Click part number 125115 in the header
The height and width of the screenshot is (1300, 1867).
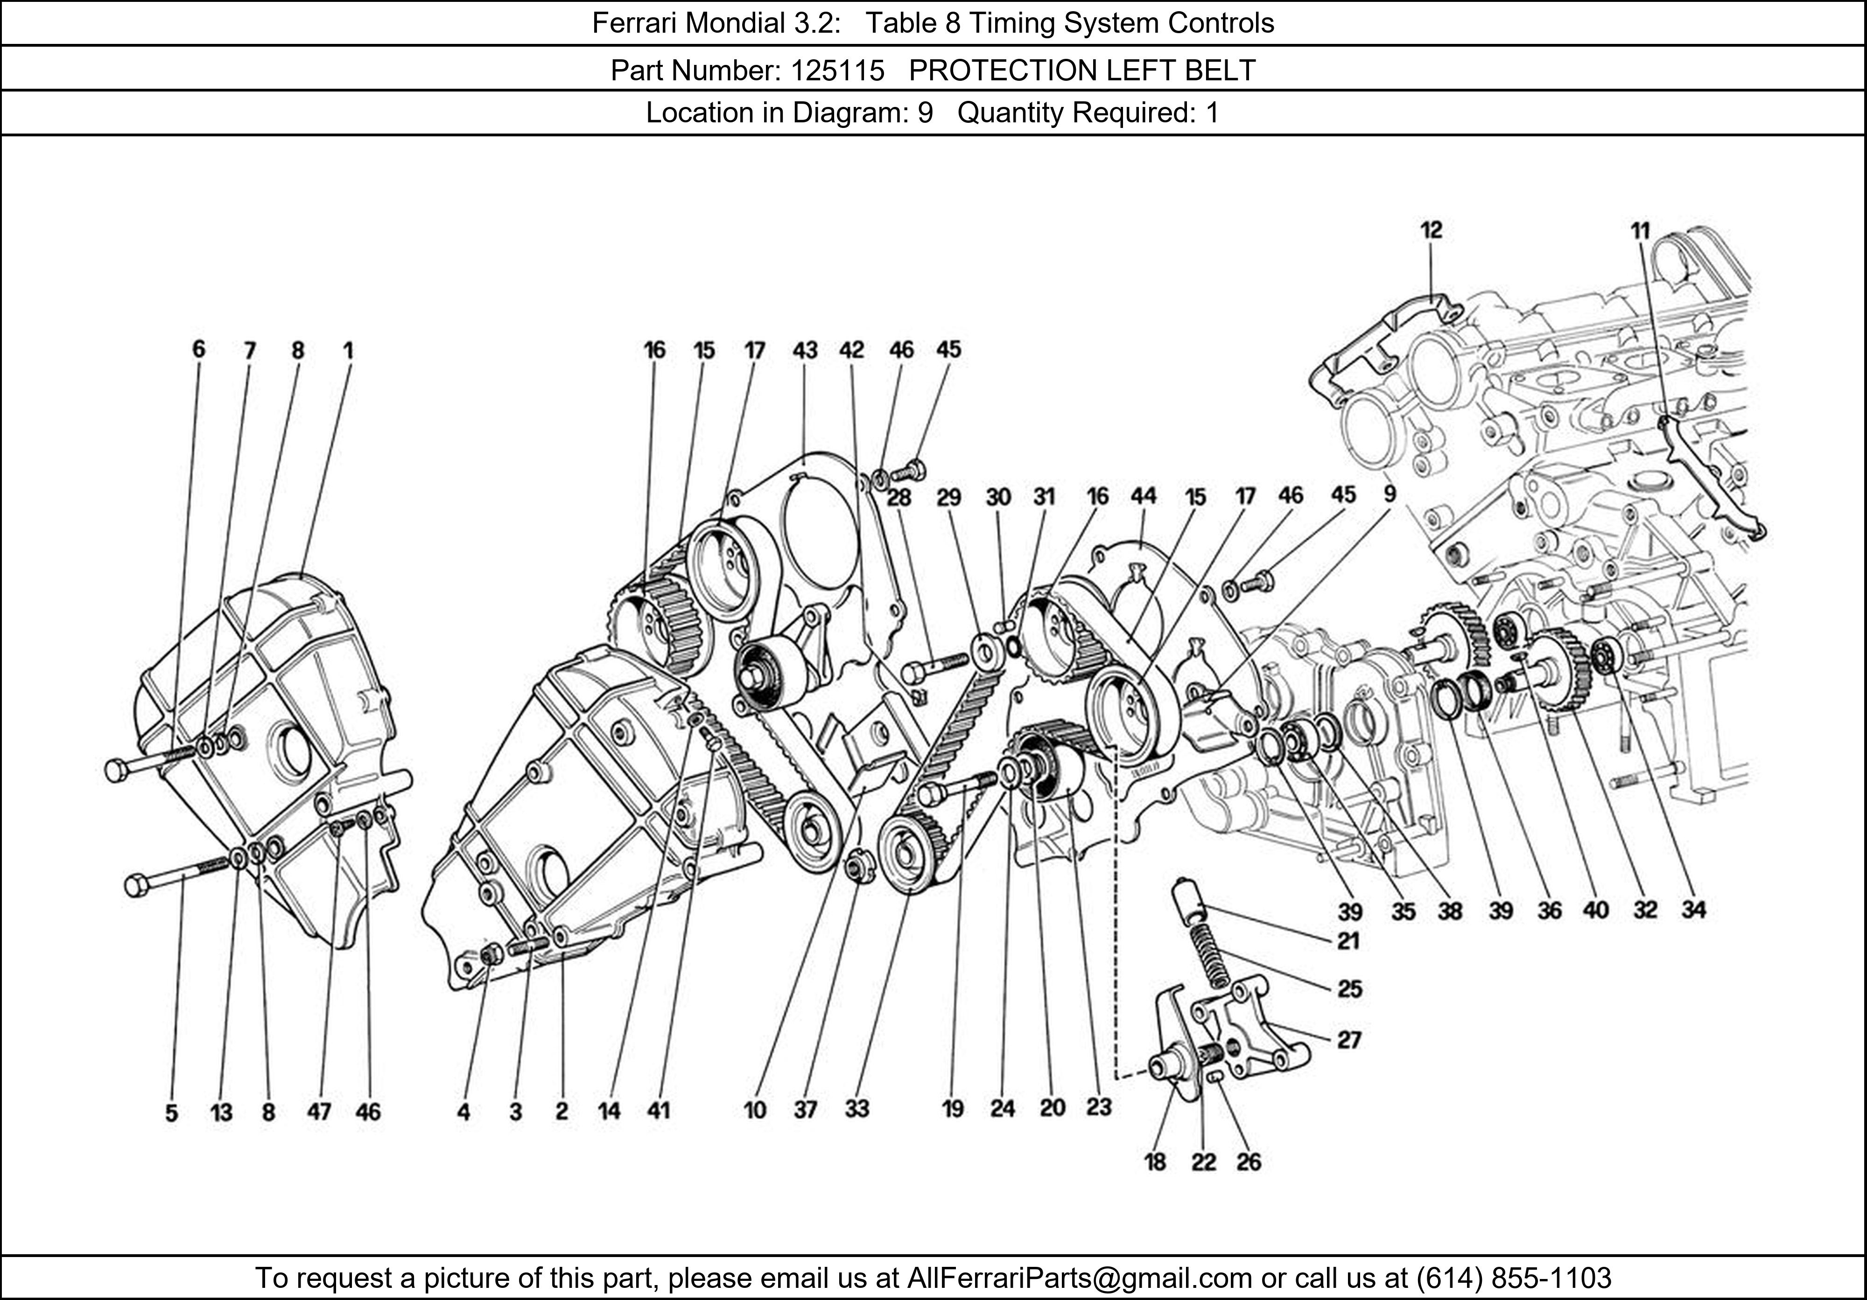[837, 71]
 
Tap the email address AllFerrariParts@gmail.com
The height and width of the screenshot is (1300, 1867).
[1079, 1278]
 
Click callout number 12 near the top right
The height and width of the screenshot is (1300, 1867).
[1431, 230]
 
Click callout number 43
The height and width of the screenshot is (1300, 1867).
[805, 350]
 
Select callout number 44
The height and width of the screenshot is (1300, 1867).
[1143, 495]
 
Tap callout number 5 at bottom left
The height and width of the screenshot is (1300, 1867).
[172, 1112]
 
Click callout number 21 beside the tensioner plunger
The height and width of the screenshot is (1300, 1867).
[1348, 941]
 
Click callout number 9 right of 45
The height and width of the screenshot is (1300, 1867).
[1390, 494]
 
